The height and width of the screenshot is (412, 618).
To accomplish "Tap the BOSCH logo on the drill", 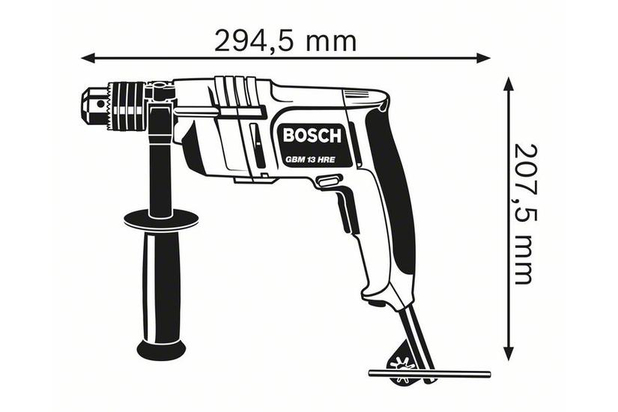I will pos(312,136).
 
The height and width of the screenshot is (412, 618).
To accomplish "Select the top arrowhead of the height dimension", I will pos(510,81).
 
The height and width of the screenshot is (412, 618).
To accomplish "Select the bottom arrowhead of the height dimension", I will pos(510,357).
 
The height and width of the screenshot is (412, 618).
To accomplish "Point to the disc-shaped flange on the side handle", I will pos(160,219).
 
